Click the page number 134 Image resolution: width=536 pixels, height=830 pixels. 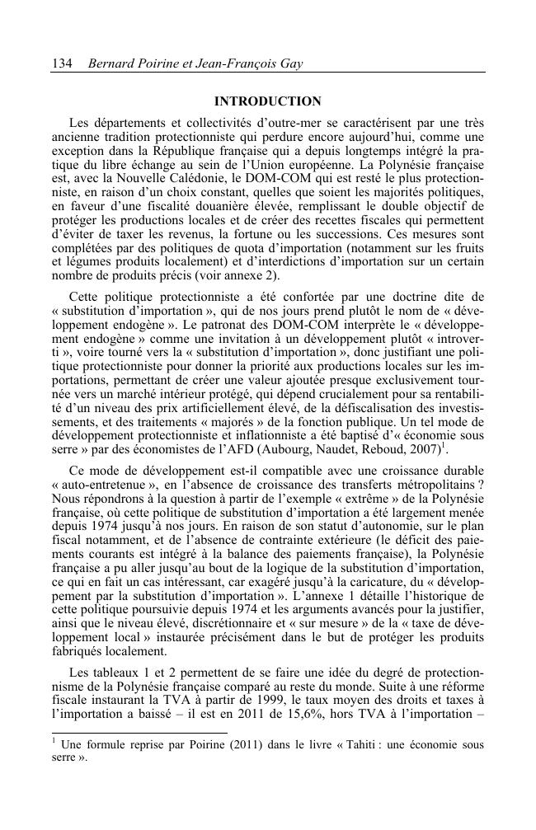[x=62, y=63]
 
